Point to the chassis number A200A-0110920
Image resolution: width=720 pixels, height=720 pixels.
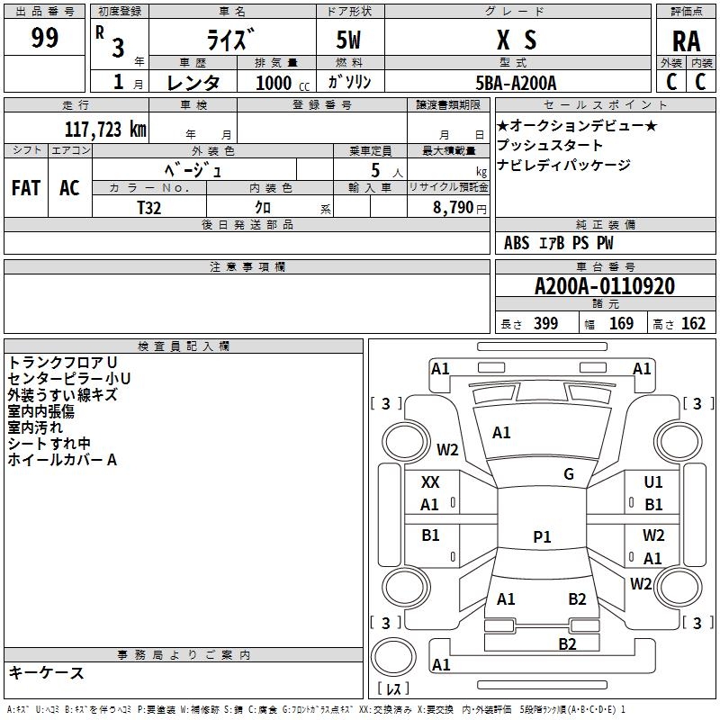605,287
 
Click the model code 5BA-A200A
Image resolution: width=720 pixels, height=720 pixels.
516,83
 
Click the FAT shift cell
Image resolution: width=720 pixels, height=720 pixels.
25,188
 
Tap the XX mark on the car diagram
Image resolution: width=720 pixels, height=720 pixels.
430,482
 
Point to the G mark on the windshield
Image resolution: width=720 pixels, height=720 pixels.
569,474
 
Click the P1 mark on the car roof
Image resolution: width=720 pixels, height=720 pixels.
542,537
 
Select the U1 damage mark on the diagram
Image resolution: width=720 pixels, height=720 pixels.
653,482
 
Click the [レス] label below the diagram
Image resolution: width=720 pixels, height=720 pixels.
393,689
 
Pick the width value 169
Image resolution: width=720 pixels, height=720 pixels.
622,324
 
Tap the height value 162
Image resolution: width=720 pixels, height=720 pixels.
693,324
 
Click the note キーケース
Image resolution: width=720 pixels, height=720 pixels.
46,673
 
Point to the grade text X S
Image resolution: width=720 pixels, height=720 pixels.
517,40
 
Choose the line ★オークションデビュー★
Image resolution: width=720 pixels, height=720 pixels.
577,125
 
